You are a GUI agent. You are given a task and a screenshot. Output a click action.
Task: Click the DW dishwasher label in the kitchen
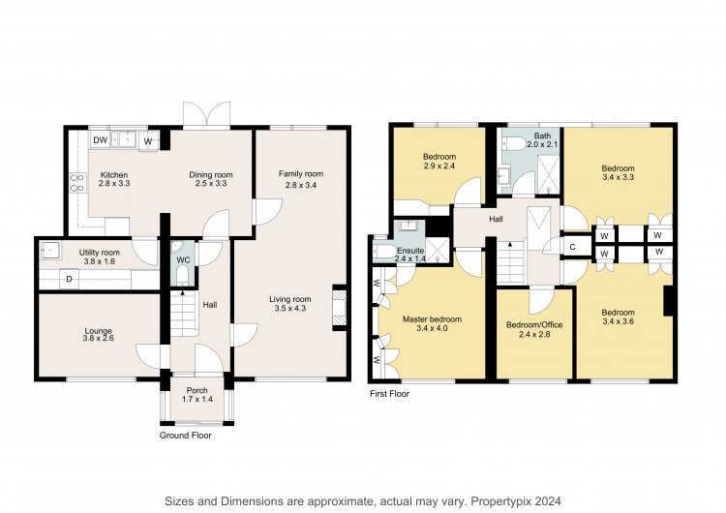point(100,140)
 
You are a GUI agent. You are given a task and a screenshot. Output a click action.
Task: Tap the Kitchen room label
point(114,174)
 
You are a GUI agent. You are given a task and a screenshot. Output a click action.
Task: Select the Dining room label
point(211,174)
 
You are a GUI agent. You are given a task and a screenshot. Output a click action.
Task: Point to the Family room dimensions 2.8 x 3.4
point(300,185)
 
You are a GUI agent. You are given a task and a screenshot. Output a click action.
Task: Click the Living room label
point(290,299)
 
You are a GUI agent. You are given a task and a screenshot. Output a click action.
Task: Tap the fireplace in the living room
point(340,307)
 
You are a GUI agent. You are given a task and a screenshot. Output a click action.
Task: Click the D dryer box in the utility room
point(69,279)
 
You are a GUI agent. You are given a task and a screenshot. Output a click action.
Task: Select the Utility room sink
point(49,250)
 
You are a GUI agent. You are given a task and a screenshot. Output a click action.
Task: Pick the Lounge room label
point(98,331)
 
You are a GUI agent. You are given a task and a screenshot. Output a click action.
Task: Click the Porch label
point(197,390)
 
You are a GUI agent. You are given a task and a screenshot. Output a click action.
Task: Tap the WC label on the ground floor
point(183,259)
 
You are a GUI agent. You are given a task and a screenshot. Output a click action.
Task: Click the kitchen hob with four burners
point(77,182)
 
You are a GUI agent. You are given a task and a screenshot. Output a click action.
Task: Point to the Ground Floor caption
point(186,436)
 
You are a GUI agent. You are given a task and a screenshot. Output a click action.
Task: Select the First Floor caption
point(389,394)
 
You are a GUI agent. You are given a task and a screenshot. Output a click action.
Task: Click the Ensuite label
point(410,251)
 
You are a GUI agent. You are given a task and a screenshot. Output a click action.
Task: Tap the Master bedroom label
point(432,319)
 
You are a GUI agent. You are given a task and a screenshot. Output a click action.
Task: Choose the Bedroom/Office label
point(534,325)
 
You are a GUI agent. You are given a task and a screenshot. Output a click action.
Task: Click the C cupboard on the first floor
point(572,247)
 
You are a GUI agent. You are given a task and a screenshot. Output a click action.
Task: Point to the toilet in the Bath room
point(513,144)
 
